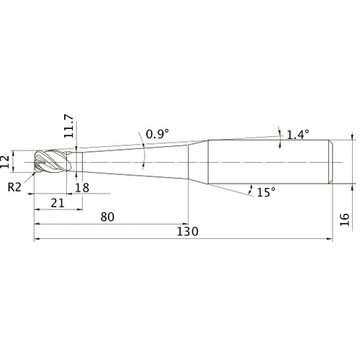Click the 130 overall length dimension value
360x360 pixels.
(187, 232)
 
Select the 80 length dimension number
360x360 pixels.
(107, 217)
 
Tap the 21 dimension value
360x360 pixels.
(58, 203)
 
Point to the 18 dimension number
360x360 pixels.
(82, 188)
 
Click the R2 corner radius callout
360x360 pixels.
(14, 187)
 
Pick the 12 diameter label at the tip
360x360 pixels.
(5, 161)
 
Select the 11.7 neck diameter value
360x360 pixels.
(68, 126)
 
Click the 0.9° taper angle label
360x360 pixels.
(158, 134)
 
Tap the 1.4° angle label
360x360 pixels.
(298, 135)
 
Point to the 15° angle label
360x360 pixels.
(266, 192)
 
